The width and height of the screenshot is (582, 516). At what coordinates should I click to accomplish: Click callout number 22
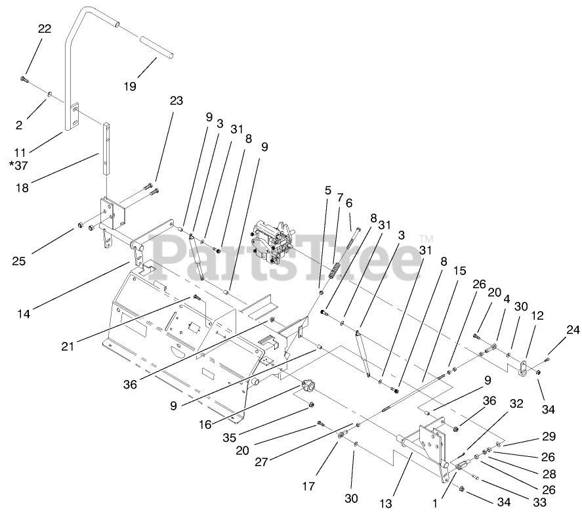(45, 29)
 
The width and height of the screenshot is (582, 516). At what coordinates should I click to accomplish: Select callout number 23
(176, 101)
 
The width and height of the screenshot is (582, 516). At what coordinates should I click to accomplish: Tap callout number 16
(205, 424)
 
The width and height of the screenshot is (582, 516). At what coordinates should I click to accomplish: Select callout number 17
(308, 486)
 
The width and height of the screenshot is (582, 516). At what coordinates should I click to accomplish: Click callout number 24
(573, 330)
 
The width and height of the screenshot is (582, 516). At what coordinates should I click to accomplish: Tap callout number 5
(328, 190)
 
